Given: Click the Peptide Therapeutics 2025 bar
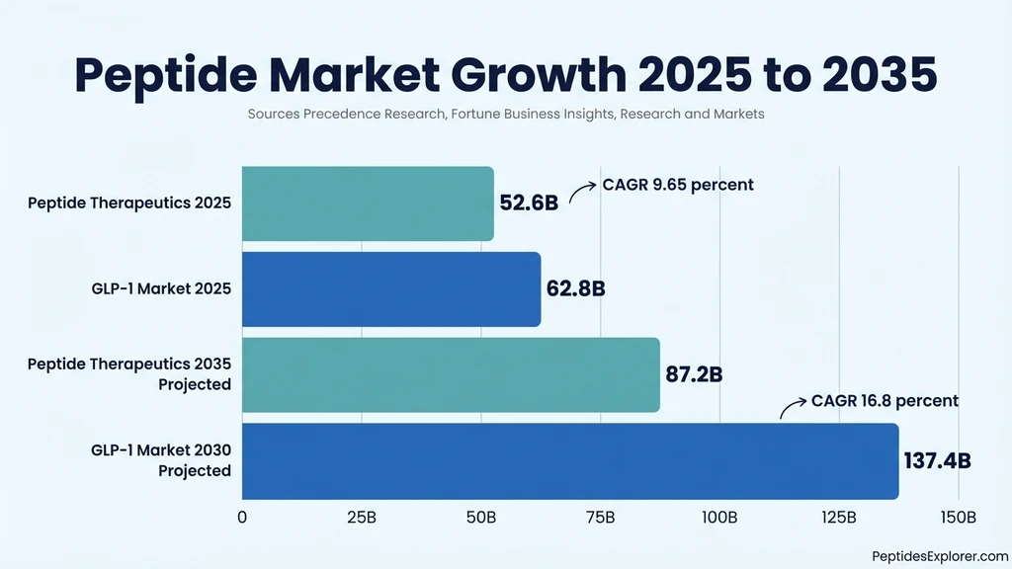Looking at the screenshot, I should (368, 203).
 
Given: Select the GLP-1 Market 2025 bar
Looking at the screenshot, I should (391, 289).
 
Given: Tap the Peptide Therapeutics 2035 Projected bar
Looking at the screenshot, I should (451, 375).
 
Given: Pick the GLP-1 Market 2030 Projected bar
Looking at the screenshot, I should (570, 461).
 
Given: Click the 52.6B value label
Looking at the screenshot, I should (529, 203).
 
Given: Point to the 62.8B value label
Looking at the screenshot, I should (575, 289).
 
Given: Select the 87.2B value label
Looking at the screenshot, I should (694, 375).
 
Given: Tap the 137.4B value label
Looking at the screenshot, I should (937, 461).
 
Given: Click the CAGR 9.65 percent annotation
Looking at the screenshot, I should (678, 185).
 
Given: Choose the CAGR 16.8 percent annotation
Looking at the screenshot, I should (885, 401).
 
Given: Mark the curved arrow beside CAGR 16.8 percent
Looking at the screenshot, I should (793, 406).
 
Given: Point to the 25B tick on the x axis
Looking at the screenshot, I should (362, 518).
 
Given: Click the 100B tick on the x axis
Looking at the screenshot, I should (719, 518).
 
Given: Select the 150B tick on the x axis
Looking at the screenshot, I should (958, 518).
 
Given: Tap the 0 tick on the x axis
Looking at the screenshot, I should (242, 518).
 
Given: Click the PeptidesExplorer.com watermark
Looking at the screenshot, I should (940, 556).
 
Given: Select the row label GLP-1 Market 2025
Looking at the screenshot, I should (160, 289).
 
